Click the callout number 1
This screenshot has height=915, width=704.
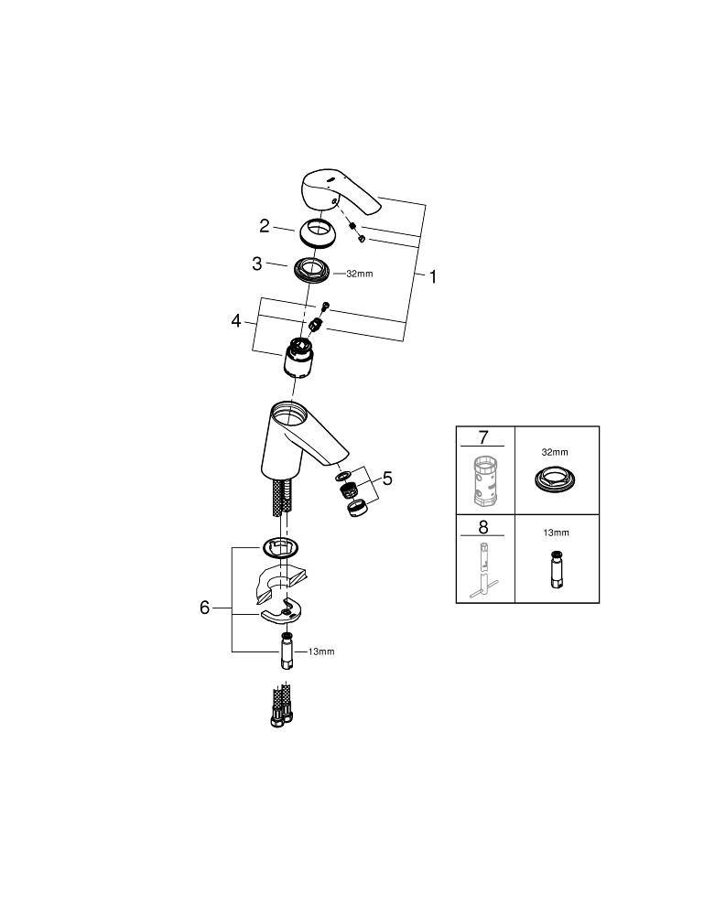(432, 276)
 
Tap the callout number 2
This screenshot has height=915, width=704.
(265, 226)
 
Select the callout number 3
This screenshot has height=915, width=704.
(257, 264)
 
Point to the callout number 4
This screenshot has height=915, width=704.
(236, 320)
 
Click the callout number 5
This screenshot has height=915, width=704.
(387, 479)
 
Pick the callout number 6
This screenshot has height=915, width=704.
(204, 608)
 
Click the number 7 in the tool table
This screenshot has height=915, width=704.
(482, 436)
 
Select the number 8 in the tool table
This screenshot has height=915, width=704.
(482, 527)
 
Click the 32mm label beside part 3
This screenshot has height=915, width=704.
(360, 273)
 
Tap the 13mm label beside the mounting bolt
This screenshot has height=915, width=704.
(321, 651)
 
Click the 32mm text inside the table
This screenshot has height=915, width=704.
(555, 452)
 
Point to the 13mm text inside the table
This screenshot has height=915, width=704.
(556, 533)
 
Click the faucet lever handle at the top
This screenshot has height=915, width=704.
(339, 192)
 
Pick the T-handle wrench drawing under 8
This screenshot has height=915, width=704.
(484, 571)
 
